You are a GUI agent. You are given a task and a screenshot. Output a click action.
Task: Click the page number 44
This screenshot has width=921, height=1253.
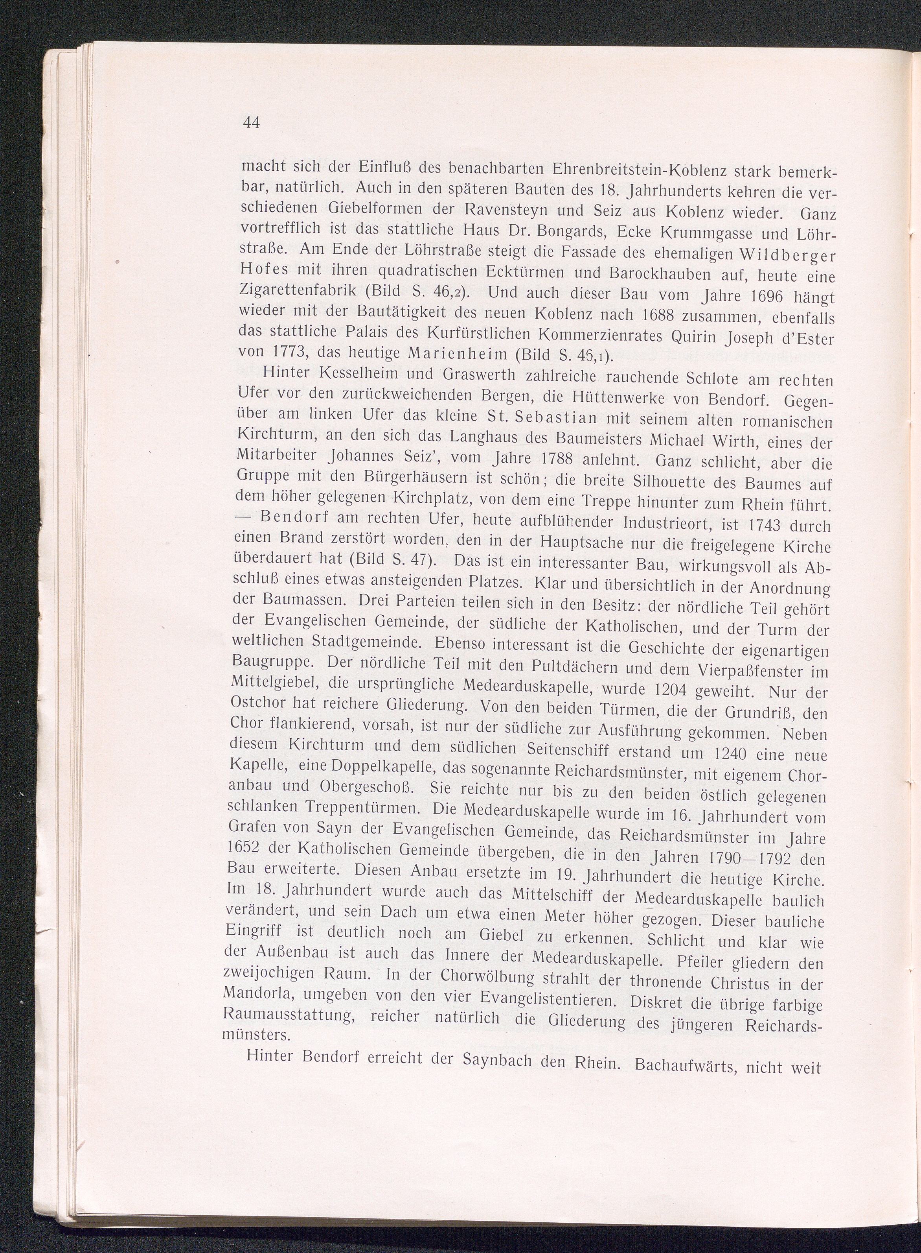tap(252, 123)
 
